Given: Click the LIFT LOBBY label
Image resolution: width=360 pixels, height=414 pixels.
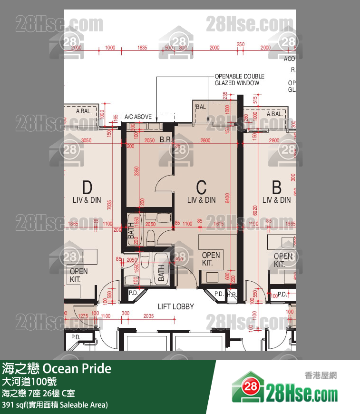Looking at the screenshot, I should (x=176, y=306).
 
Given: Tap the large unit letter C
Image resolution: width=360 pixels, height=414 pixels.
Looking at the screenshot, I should (x=201, y=186).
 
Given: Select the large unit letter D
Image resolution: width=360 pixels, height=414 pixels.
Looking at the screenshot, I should (x=87, y=186).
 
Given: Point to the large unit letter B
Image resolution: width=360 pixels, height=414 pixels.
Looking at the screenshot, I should (x=276, y=186).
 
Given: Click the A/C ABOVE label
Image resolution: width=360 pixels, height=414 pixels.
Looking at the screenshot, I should (x=138, y=117).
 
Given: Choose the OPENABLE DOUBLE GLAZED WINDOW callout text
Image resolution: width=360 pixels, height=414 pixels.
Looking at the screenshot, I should (x=239, y=79).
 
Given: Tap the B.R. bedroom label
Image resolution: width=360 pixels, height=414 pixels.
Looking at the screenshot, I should (x=165, y=140).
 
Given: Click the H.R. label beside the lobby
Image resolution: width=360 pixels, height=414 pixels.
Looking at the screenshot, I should (x=232, y=295).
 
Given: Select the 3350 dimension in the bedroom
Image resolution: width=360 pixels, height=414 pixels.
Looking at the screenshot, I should (x=136, y=171).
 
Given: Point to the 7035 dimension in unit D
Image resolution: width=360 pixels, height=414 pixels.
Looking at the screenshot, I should (x=110, y=205).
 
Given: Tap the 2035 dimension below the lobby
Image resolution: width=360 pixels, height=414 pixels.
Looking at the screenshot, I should (x=148, y=315).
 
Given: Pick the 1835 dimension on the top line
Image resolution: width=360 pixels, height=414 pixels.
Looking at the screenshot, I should (x=142, y=48).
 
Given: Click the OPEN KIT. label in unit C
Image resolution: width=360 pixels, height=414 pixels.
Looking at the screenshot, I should (x=211, y=259).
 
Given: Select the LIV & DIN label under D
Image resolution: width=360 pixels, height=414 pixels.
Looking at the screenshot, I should (x=87, y=200).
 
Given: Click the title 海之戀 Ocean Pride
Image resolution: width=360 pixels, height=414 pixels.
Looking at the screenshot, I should (x=57, y=368).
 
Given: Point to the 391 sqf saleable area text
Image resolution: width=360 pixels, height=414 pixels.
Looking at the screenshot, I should (x=55, y=405).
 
